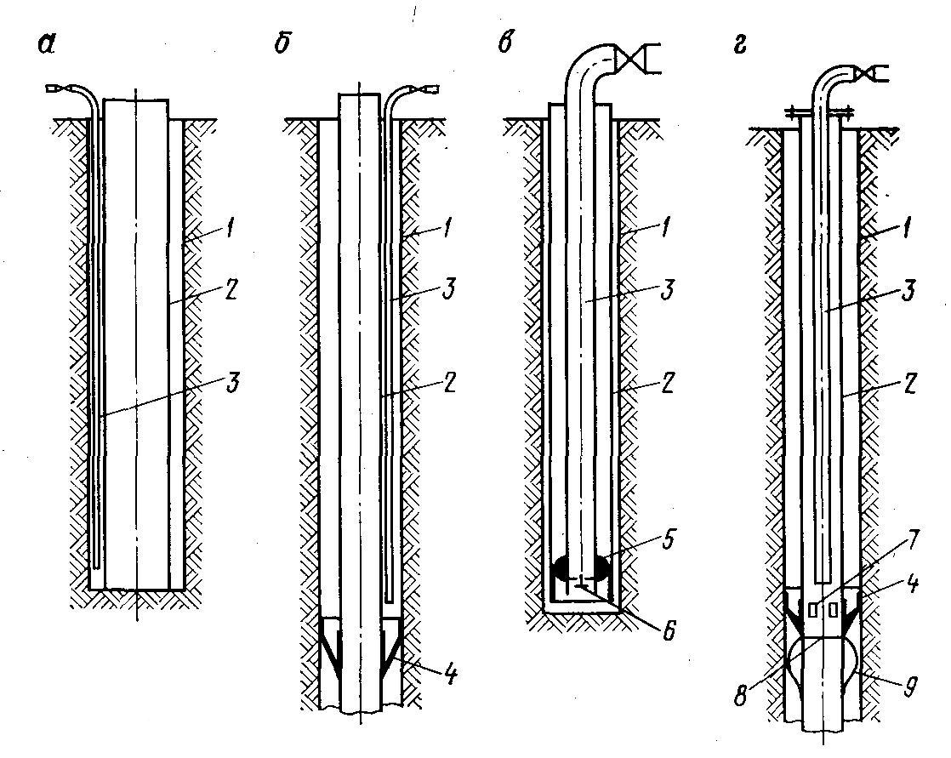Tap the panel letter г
743,43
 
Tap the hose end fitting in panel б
428,88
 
